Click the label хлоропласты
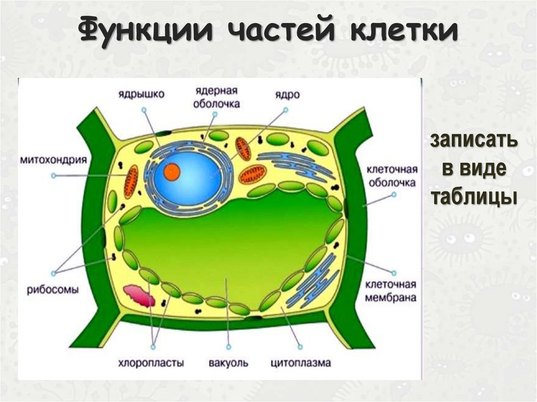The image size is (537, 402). pyautogui.click(x=150, y=362)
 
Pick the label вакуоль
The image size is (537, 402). pyautogui.click(x=228, y=362)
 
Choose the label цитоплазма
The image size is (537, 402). pyautogui.click(x=301, y=362)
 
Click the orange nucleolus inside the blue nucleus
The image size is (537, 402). pyautogui.click(x=171, y=171)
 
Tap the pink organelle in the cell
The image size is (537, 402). pyautogui.click(x=139, y=296)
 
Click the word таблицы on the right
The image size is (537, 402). pyautogui.click(x=474, y=197)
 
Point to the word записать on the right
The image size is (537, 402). pyautogui.click(x=474, y=141)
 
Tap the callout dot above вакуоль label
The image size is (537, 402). pyautogui.click(x=229, y=346)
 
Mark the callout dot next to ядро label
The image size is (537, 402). pyautogui.click(x=286, y=110)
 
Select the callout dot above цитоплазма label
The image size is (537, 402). pyautogui.click(x=300, y=346)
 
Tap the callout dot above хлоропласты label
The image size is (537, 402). pyautogui.click(x=154, y=346)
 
